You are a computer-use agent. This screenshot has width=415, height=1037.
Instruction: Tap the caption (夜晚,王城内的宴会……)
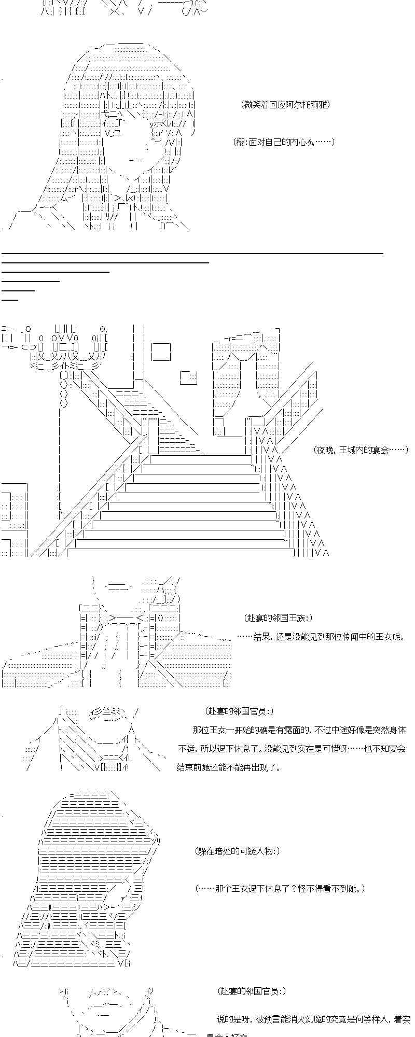(x=361, y=450)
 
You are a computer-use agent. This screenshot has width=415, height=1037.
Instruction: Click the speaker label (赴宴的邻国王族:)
(x=278, y=618)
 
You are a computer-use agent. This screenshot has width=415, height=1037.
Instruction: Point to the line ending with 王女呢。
(x=321, y=636)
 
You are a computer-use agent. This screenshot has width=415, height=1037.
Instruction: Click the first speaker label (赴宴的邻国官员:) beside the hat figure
(x=239, y=711)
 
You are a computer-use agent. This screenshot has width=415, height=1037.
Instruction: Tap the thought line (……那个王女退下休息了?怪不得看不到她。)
(x=280, y=888)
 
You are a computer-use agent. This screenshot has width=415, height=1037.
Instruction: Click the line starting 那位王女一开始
(x=299, y=730)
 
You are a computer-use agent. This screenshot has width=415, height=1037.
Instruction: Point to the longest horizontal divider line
(x=192, y=253)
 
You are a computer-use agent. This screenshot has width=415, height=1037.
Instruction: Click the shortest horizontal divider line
(x=10, y=299)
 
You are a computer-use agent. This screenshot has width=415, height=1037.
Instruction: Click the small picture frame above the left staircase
(x=189, y=377)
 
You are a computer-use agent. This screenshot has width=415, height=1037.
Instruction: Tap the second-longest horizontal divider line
(x=105, y=262)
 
